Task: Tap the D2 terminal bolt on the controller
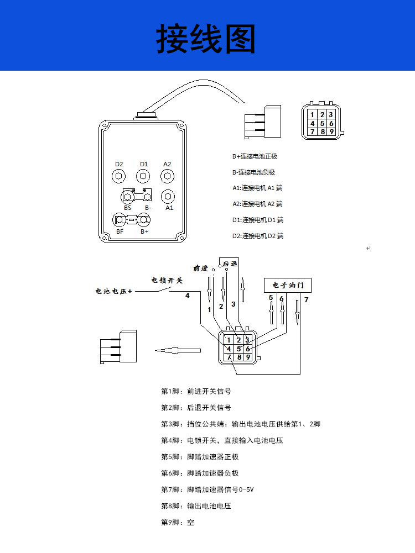click(x=118, y=176)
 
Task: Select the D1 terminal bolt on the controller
click(x=144, y=176)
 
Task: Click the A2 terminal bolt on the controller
click(x=167, y=176)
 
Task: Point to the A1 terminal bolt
click(x=169, y=196)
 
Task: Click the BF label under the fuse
click(x=120, y=231)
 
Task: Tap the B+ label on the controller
click(x=144, y=231)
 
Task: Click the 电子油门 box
click(x=288, y=285)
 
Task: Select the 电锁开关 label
click(x=167, y=280)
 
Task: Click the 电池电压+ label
click(x=114, y=291)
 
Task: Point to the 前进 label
click(x=201, y=268)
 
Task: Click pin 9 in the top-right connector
click(x=330, y=132)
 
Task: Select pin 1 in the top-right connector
click(x=313, y=114)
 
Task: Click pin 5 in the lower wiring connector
click(x=238, y=349)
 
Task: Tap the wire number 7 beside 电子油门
click(x=307, y=300)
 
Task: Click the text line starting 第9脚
click(x=178, y=522)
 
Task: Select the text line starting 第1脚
click(x=196, y=391)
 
